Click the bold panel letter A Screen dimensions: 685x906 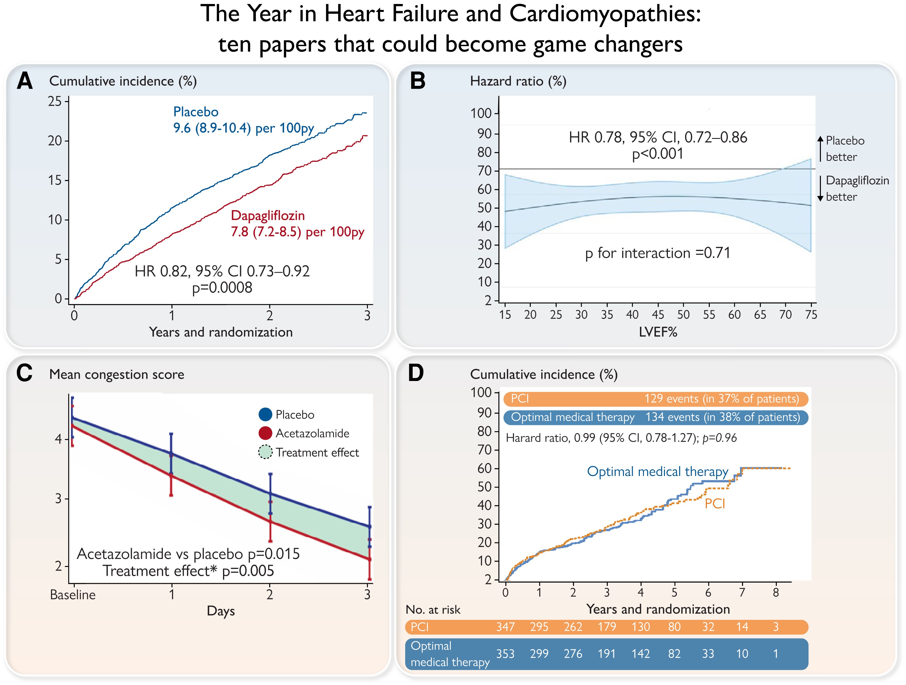click(x=25, y=81)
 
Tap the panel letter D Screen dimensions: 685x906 click(x=416, y=373)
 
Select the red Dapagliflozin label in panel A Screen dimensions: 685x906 click(x=267, y=216)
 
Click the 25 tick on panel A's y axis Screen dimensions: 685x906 click(x=55, y=101)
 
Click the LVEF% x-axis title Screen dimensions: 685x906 click(x=658, y=332)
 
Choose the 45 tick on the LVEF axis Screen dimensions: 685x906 click(x=658, y=315)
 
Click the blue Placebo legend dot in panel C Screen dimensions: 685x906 click(x=265, y=415)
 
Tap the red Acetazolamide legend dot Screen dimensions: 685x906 click(x=265, y=433)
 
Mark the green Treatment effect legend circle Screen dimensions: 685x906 click(x=265, y=452)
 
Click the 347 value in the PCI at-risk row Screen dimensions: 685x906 click(x=505, y=627)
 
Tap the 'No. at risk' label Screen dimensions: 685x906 click(x=433, y=610)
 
